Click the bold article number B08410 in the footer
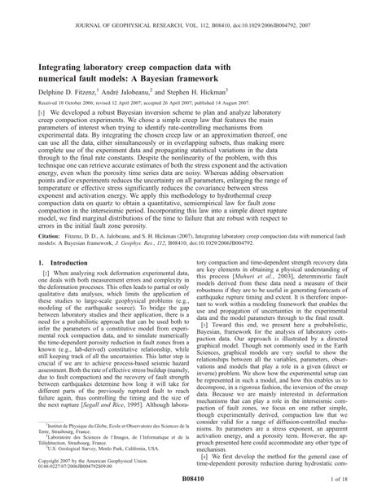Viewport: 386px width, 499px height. click(192, 492)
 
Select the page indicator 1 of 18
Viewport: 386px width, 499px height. click(348, 492)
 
